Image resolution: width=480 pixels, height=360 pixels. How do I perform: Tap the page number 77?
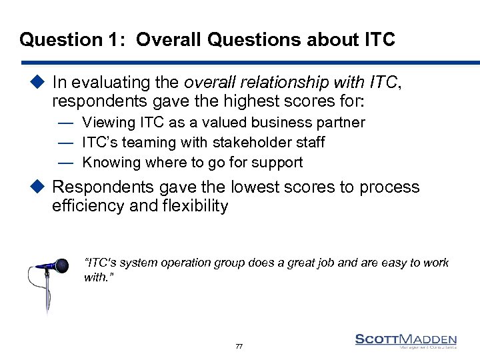239,347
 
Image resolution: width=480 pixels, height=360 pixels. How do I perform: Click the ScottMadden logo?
406,341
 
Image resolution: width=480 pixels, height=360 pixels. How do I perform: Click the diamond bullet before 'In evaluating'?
37,83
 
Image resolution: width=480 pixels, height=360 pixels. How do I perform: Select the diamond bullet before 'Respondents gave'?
37,187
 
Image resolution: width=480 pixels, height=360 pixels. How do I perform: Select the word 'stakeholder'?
248,143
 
